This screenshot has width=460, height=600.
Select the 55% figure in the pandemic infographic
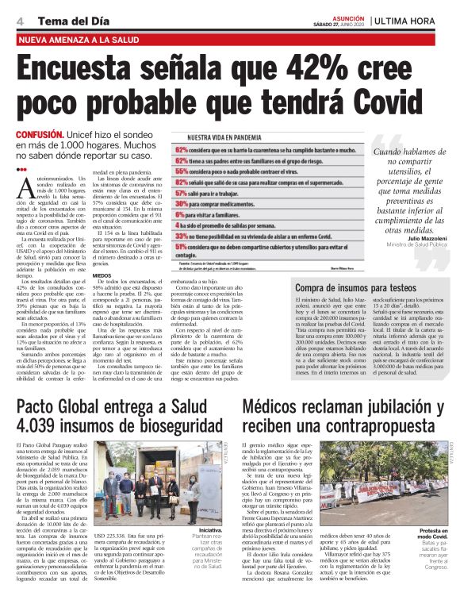point(182,170)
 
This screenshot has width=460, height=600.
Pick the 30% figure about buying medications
point(182,203)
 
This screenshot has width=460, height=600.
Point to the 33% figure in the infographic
point(182,236)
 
